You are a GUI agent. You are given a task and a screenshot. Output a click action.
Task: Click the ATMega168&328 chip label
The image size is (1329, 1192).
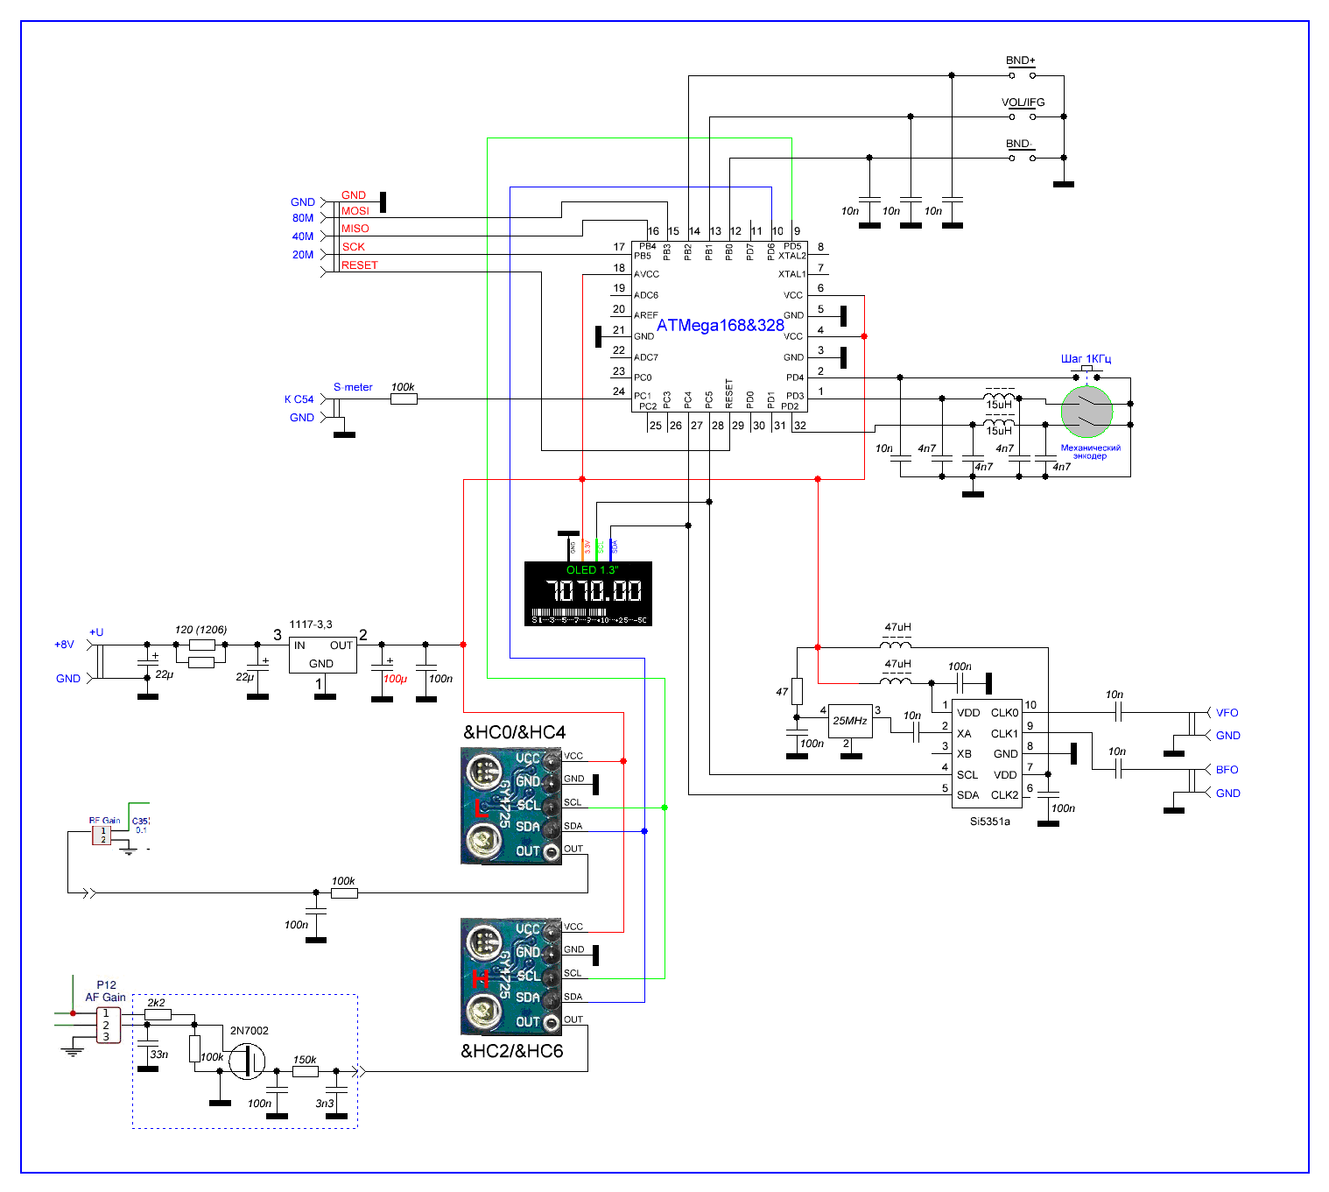pos(720,325)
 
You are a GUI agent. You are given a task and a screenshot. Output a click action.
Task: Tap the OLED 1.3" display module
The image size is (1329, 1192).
pos(587,593)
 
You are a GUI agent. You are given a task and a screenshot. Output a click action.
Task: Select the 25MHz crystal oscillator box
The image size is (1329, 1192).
pos(850,721)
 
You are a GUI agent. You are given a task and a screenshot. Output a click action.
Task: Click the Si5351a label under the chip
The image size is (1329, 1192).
pos(989,822)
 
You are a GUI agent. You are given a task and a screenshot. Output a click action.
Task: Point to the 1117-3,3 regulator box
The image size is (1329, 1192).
pos(322,654)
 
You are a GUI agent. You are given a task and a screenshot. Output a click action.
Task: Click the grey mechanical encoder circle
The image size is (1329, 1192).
pos(1086,411)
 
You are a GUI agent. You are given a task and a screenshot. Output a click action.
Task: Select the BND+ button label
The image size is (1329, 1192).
pos(1020,60)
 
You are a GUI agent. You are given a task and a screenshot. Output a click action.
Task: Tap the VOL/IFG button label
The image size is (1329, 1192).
pos(1023,102)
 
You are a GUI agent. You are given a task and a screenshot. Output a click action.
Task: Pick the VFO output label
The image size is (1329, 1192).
pos(1227,713)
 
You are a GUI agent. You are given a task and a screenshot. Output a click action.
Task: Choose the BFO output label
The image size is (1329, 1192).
pos(1227,770)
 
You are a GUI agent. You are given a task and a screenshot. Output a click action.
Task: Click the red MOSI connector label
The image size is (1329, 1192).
pos(355,211)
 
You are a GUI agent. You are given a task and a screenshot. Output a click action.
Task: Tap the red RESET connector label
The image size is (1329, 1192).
pos(359,265)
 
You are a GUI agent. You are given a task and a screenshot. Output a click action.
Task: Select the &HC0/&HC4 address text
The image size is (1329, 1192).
pos(514,732)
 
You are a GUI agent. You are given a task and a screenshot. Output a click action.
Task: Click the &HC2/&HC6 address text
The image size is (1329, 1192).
pos(512,1051)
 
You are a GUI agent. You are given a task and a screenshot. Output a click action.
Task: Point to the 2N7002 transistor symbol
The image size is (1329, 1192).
pos(247,1061)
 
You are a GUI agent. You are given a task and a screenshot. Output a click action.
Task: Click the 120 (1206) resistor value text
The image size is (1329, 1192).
pos(200,630)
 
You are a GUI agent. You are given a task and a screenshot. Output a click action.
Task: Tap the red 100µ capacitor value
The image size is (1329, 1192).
pos(394,679)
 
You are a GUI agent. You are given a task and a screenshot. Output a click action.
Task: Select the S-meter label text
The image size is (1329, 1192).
pos(353,387)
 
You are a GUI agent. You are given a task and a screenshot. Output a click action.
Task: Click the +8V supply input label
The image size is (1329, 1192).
pos(64,645)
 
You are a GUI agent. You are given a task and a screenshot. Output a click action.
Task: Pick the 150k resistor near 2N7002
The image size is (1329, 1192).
pos(305,1070)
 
